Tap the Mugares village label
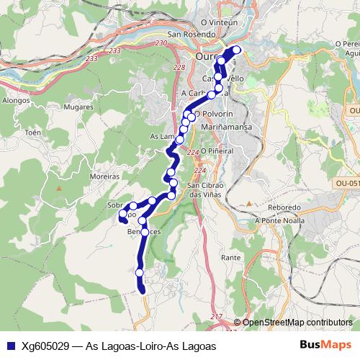[x=80, y=107]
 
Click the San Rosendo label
[x=191, y=34]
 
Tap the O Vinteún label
[x=220, y=23]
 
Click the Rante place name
[x=231, y=257]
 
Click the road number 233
[x=114, y=51]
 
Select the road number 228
[x=179, y=67]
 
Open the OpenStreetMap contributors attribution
[x=297, y=322]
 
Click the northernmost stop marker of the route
[x=236, y=50]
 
